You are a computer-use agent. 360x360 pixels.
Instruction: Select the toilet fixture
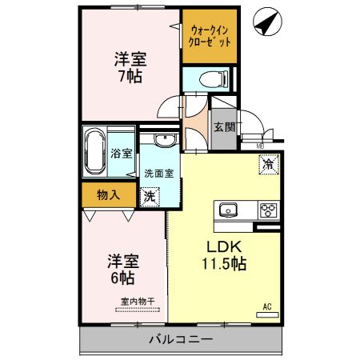[x=210, y=78]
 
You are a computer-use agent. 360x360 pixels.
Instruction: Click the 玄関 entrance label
[x=223, y=126]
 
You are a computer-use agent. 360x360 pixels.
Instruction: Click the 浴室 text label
[x=122, y=153]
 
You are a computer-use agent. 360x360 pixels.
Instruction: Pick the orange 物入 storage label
[x=109, y=194]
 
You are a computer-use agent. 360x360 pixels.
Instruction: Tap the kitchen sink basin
[x=228, y=210]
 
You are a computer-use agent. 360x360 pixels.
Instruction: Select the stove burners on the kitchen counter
[x=267, y=211]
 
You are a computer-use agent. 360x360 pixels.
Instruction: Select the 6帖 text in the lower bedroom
[x=122, y=278]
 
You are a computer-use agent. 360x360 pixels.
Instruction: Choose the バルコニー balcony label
[x=181, y=340]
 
